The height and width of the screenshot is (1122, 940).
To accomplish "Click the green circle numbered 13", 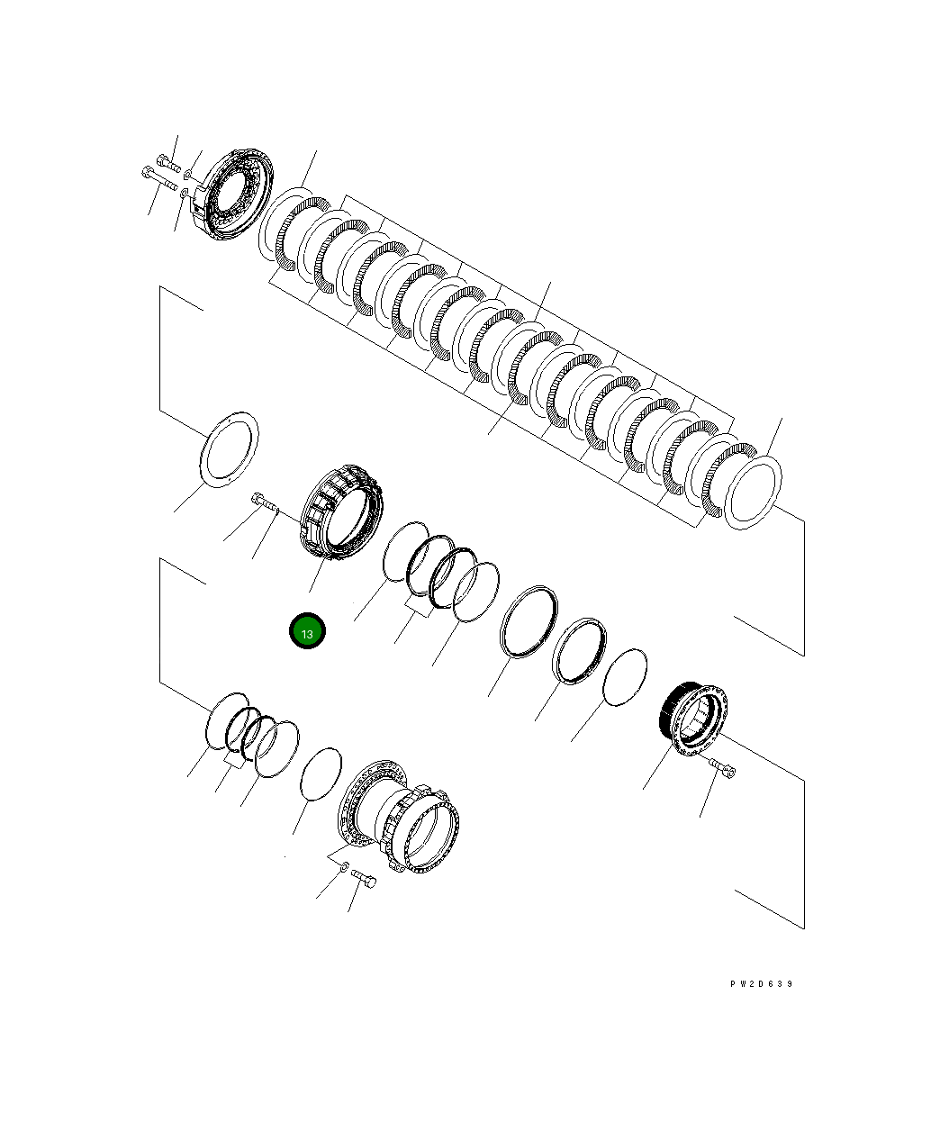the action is click(x=307, y=630).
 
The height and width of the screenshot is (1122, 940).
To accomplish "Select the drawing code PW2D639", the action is click(x=761, y=984).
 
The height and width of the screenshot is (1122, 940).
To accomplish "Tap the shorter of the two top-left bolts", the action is click(x=168, y=162).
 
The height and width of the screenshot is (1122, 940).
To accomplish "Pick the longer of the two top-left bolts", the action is click(x=159, y=179).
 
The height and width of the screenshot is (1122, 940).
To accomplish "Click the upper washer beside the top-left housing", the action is click(x=188, y=174).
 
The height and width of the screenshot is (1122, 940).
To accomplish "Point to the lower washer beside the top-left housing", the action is click(x=184, y=193).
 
